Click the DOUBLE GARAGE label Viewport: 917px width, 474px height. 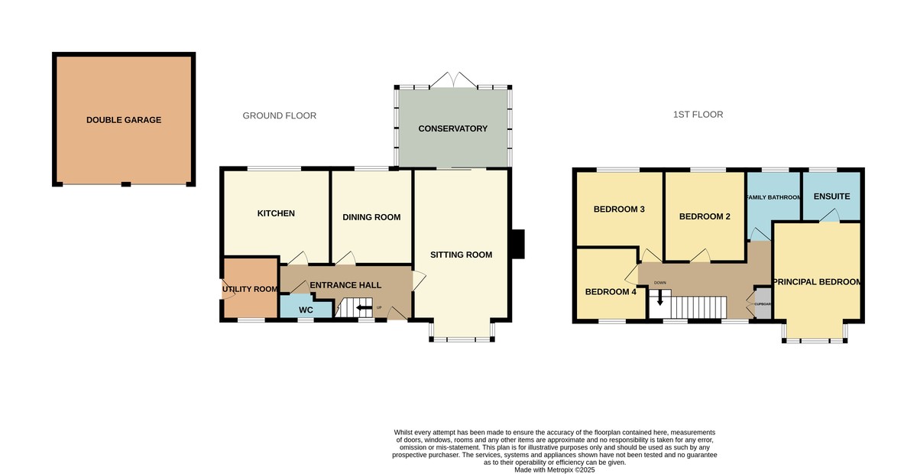(x=124, y=120)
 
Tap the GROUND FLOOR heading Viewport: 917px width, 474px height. (x=279, y=115)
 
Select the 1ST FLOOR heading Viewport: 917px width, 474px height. (x=698, y=115)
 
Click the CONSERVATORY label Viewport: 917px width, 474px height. (x=452, y=128)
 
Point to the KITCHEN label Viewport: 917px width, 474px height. (x=276, y=213)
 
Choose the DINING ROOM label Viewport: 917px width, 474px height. (x=371, y=217)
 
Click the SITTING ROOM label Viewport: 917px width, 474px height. (x=461, y=255)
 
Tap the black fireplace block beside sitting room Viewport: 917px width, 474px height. (x=517, y=244)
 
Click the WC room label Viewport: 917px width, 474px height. (x=306, y=310)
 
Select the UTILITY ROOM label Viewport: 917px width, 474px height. (x=250, y=289)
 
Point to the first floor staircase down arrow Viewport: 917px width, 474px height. (x=660, y=299)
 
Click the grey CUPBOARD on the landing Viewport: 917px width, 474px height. (x=763, y=303)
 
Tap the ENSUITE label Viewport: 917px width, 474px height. (x=831, y=196)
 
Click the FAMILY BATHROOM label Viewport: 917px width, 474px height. (x=773, y=198)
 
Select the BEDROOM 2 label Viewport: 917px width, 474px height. (x=705, y=216)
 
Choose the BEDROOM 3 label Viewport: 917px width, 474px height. (x=620, y=209)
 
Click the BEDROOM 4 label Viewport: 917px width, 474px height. (x=611, y=291)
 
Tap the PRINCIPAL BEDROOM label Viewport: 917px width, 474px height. (x=818, y=282)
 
